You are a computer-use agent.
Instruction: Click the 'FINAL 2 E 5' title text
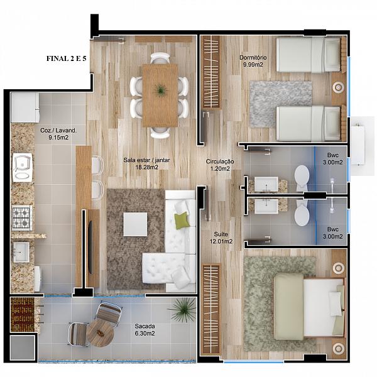[x=67, y=58]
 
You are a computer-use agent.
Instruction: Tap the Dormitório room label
[x=253, y=58]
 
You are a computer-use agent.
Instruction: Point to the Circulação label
[x=220, y=161]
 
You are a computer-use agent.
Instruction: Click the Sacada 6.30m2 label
[x=145, y=330]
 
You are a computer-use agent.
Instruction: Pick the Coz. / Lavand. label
[x=58, y=131]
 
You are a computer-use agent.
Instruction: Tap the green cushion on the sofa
[x=182, y=221]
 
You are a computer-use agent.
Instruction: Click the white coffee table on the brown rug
[x=135, y=224]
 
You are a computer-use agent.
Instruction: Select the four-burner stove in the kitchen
[x=22, y=218]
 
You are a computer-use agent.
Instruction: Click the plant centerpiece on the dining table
[x=160, y=90]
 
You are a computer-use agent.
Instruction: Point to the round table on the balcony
[x=100, y=334]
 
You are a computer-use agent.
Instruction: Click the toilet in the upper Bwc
[x=302, y=177]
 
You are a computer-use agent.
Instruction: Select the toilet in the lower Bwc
[x=302, y=213]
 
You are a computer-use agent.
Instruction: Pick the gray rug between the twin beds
[x=281, y=104]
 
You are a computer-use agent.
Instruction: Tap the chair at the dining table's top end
[x=160, y=58]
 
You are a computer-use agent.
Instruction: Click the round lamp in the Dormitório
[x=339, y=87]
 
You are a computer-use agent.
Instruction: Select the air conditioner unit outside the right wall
[x=358, y=146]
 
